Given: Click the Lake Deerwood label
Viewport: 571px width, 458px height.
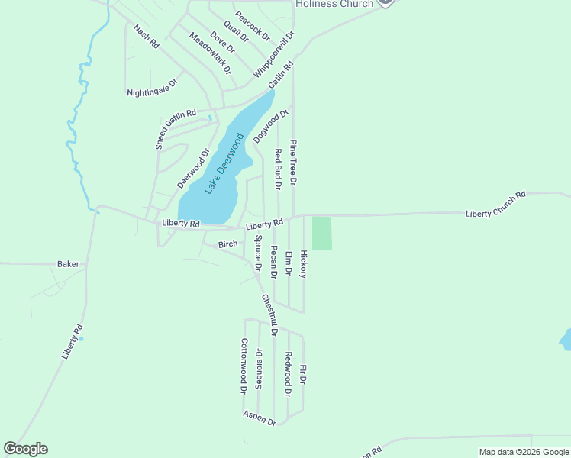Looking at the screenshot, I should click(x=224, y=163).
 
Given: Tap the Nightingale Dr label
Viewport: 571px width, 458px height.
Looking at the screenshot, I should click(x=153, y=87).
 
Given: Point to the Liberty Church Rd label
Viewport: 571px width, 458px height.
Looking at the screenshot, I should click(x=496, y=205).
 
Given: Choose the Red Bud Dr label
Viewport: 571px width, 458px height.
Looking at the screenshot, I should click(x=279, y=169).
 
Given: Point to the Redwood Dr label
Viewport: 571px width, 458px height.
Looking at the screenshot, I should click(x=289, y=374).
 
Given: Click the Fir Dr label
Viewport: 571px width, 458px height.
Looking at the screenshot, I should click(x=303, y=374).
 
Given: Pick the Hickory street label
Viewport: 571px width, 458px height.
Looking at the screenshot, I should click(x=303, y=263).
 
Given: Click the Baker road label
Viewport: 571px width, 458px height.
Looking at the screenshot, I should click(x=68, y=264).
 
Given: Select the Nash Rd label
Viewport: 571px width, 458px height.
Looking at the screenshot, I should click(x=146, y=37).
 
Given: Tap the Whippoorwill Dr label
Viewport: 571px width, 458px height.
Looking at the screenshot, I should click(x=274, y=53).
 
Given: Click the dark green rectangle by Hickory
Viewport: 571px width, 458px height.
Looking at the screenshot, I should click(x=322, y=233).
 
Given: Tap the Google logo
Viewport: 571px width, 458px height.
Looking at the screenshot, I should click(x=25, y=449).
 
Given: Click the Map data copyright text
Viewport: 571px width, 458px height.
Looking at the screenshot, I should click(x=523, y=452).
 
